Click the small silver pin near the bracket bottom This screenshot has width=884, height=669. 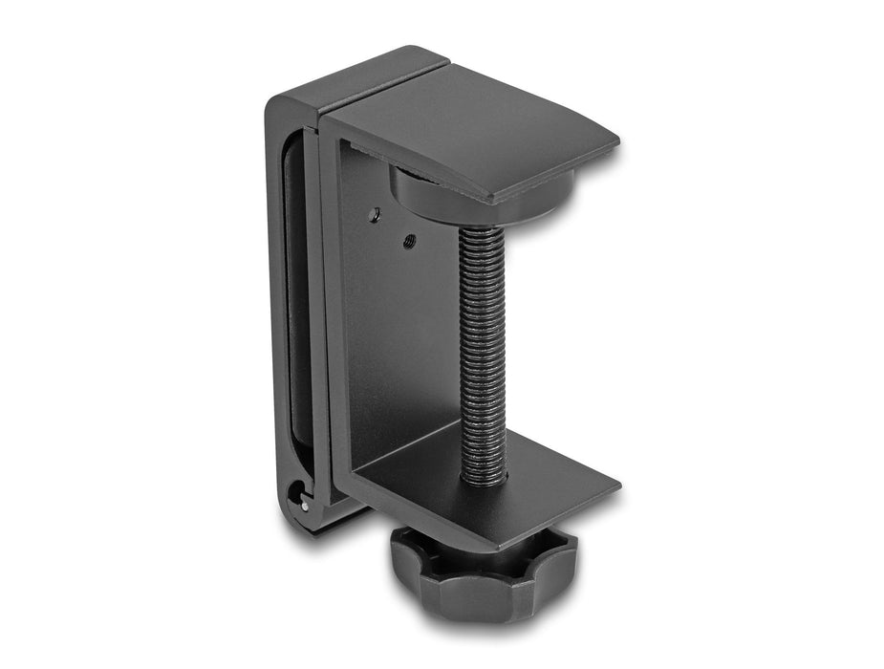click(x=305, y=506)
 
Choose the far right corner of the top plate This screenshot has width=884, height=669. click(x=617, y=143)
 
